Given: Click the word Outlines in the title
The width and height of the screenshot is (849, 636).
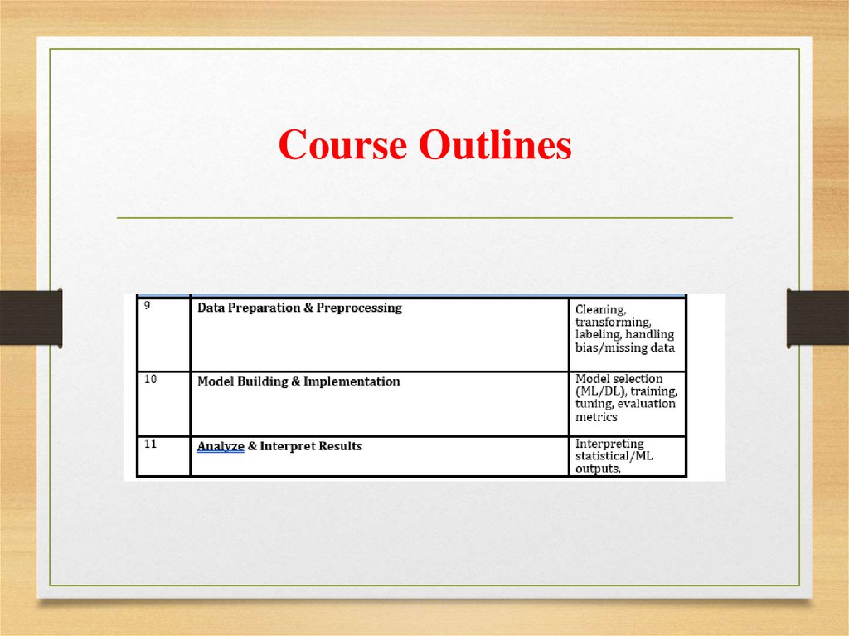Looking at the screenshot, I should pyautogui.click(x=495, y=146).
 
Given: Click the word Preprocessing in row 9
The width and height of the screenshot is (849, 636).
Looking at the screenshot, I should pyautogui.click(x=359, y=308).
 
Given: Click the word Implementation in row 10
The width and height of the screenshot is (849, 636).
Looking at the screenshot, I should pyautogui.click(x=352, y=381).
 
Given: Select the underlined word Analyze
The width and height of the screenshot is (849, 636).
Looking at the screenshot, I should pyautogui.click(x=221, y=446).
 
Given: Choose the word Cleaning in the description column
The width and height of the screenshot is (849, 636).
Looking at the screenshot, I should pyautogui.click(x=601, y=309).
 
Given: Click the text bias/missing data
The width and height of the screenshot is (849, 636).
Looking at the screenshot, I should pyautogui.click(x=624, y=347).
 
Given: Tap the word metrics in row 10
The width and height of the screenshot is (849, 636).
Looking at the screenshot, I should pyautogui.click(x=596, y=416).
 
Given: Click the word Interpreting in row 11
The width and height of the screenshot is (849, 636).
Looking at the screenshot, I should pyautogui.click(x=609, y=444).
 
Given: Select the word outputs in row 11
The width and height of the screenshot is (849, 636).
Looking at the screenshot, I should pyautogui.click(x=598, y=469).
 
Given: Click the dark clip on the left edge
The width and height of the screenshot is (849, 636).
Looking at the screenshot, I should pyautogui.click(x=31, y=318).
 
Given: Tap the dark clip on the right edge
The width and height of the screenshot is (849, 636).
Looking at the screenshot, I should pyautogui.click(x=817, y=318).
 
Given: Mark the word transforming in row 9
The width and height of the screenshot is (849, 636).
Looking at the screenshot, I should pyautogui.click(x=614, y=322).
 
